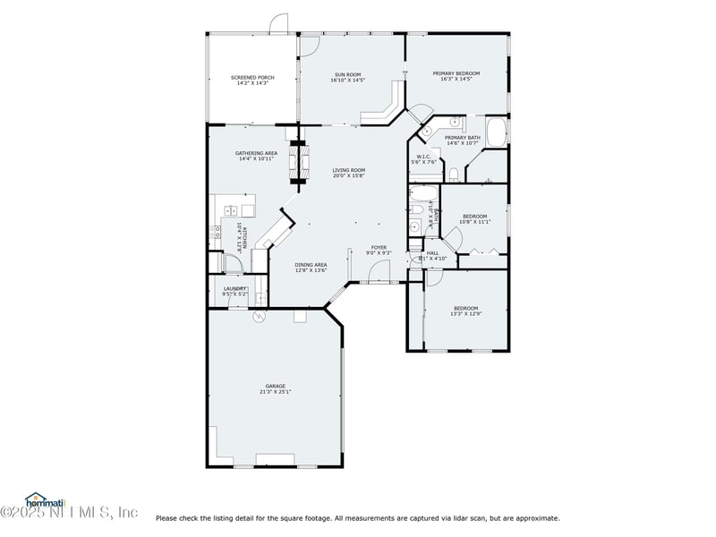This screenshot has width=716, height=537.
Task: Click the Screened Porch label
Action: pyautogui.click(x=252, y=78)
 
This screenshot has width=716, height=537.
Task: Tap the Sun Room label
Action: pyautogui.click(x=349, y=74)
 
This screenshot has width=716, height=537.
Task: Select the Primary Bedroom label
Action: pyautogui.click(x=456, y=73)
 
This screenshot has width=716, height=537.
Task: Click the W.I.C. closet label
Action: pyautogui.click(x=424, y=157)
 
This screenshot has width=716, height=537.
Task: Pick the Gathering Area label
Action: pyautogui.click(x=256, y=153)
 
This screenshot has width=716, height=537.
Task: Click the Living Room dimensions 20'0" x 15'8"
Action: pyautogui.click(x=349, y=176)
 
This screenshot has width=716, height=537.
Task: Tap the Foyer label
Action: pyautogui.click(x=379, y=247)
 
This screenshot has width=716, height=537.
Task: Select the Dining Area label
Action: pyautogui.click(x=311, y=265)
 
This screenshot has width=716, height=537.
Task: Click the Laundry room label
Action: pyautogui.click(x=235, y=288)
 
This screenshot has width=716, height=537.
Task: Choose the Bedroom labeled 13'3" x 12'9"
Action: pyautogui.click(x=465, y=309)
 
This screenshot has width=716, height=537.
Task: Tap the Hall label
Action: pyautogui.click(x=432, y=253)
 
